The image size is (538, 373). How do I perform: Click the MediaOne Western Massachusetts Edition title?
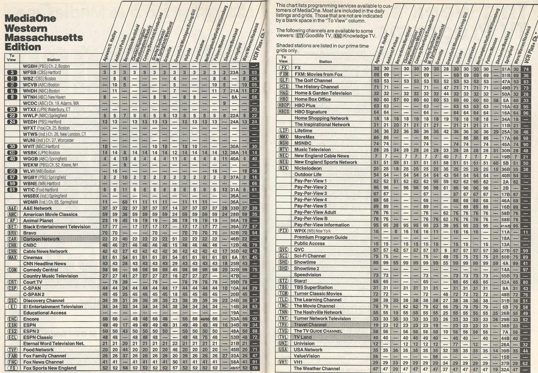pyautogui.click(x=44, y=33)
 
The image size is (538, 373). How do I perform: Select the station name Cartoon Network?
pyautogui.click(x=41, y=239)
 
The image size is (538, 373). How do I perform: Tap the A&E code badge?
pyautogui.click(x=12, y=208)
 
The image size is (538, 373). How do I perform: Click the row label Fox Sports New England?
pyautogui.click(x=50, y=368)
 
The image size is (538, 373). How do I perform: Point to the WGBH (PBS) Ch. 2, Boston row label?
pyautogui.click(x=46, y=66)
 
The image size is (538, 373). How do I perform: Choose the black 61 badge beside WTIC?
pyautogui.click(x=12, y=190)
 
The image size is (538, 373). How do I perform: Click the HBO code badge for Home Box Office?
pyautogui.click(x=284, y=99)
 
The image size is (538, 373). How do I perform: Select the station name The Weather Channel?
pyautogui.click(x=317, y=369)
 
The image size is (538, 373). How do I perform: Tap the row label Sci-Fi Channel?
pyautogui.click(x=310, y=256)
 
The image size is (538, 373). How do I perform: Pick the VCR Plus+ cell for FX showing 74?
pyautogui.click(x=526, y=69)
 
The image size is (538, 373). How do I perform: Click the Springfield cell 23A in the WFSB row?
pyautogui.click(x=234, y=73)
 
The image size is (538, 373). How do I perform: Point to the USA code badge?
pyautogui.click(x=283, y=350)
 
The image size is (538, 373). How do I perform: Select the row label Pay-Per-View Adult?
pyautogui.click(x=315, y=212)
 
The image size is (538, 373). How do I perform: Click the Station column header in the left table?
pyautogui.click(x=53, y=60)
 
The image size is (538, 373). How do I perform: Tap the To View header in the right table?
pyautogui.click(x=283, y=59)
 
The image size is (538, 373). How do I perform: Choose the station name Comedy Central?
pyautogui.click(x=41, y=270)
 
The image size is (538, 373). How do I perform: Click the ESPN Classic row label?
pyautogui.click(x=38, y=337)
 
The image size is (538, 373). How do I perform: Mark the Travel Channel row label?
pyautogui.click(x=310, y=325)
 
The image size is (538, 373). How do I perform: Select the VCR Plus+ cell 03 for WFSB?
pyautogui.click(x=254, y=73)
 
